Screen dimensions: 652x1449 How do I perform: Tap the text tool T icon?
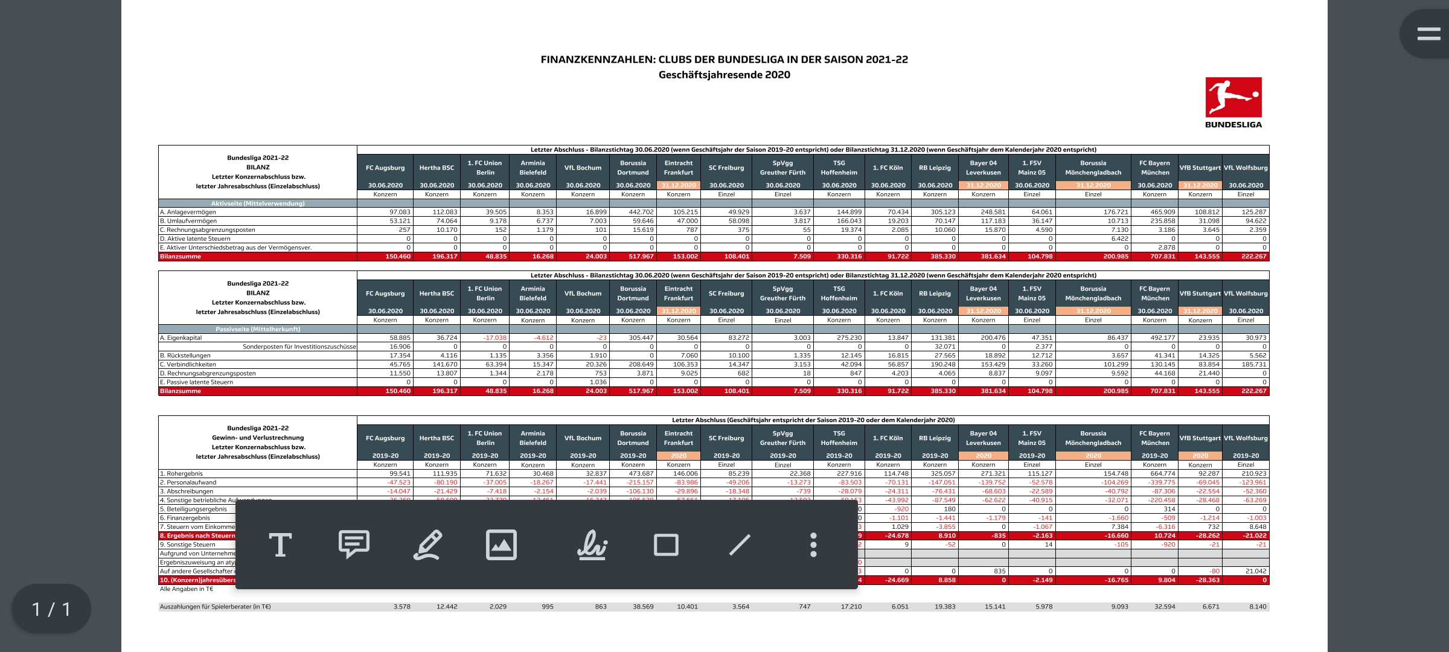click(x=280, y=545)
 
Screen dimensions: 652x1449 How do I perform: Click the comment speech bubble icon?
click(x=354, y=545)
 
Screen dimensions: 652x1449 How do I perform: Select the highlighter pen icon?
click(x=427, y=545)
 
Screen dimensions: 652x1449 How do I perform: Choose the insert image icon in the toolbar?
click(x=501, y=545)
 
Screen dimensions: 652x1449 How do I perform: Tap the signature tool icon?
click(x=592, y=545)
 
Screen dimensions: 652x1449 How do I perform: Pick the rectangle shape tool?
click(x=666, y=545)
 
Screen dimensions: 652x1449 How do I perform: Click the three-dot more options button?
click(x=813, y=545)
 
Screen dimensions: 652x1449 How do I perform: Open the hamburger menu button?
click(x=1428, y=34)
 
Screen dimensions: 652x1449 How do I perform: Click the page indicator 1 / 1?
click(x=51, y=609)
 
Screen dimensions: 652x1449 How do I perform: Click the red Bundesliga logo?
click(x=1233, y=97)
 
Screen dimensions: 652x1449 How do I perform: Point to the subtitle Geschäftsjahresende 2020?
click(x=724, y=75)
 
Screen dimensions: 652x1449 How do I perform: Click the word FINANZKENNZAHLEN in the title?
click(x=597, y=59)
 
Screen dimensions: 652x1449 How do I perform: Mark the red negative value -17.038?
click(x=494, y=337)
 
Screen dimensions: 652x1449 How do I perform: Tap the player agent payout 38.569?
click(x=643, y=607)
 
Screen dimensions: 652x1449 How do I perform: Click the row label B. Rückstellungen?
click(x=185, y=356)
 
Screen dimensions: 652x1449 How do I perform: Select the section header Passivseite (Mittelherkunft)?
click(x=258, y=329)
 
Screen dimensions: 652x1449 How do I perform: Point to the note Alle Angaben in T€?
click(x=187, y=589)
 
